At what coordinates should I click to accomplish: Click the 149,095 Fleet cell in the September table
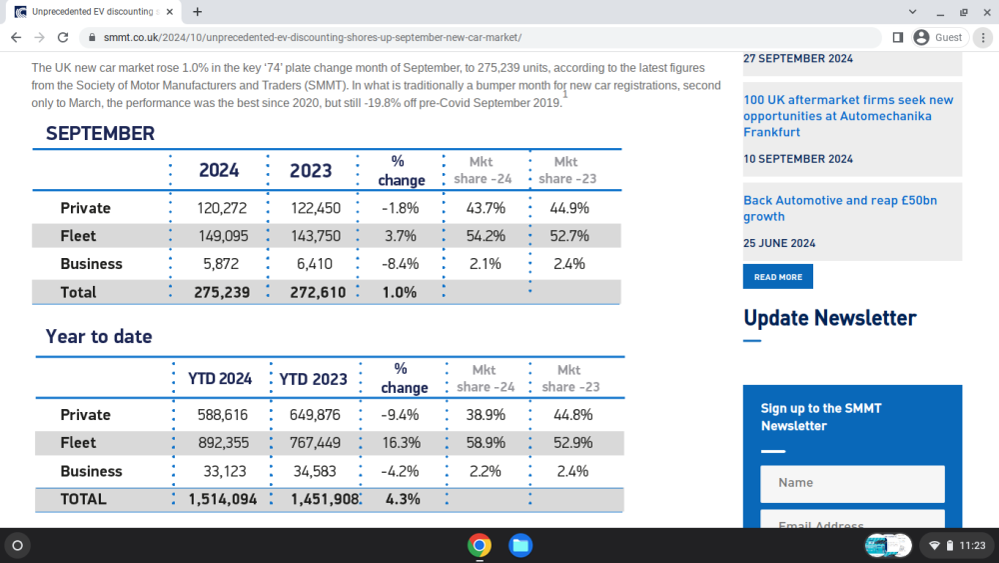tap(223, 236)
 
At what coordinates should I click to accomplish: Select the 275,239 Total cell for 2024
tap(222, 292)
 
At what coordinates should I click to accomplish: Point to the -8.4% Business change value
tap(401, 264)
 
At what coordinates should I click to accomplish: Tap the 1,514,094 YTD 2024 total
tap(223, 499)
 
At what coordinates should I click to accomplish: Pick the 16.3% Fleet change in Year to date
tap(402, 442)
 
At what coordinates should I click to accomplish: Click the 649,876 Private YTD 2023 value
tap(315, 414)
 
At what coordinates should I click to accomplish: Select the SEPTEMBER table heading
tap(100, 133)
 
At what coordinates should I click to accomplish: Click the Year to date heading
tap(99, 336)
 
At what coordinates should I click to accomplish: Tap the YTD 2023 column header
tap(314, 379)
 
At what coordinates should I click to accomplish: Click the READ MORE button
tap(778, 277)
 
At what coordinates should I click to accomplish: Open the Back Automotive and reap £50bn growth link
tap(840, 208)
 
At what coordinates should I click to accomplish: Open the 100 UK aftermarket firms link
tap(848, 116)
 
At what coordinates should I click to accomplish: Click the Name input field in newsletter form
tap(852, 483)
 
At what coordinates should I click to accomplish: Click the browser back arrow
tap(16, 38)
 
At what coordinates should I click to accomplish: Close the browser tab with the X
tap(170, 11)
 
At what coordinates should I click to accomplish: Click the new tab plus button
tap(198, 11)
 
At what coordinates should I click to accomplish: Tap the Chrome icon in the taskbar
tap(480, 545)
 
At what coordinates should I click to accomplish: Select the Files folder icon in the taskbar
tap(520, 545)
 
